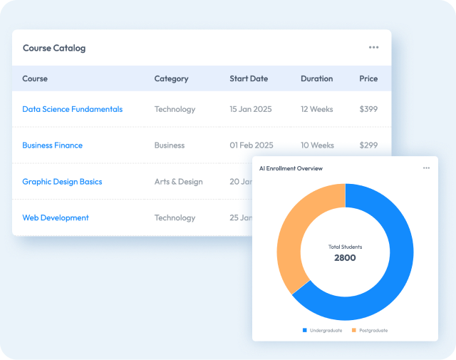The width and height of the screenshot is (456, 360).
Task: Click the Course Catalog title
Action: point(54,48)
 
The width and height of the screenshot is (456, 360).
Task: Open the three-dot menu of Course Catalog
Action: point(374,48)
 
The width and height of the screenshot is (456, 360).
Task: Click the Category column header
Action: point(171,78)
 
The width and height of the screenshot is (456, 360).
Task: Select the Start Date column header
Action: point(249,78)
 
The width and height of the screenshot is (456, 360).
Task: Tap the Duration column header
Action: point(316,78)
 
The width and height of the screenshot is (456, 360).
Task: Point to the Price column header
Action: point(368,78)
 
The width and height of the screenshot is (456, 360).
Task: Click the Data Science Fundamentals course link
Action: point(72,109)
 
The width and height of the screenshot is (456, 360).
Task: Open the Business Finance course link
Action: point(52,145)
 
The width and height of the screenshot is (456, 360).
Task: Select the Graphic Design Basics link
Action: point(62,182)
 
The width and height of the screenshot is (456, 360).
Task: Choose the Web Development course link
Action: point(56,218)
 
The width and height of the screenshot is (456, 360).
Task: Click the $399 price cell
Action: point(368,109)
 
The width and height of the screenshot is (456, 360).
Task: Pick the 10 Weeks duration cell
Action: point(318,145)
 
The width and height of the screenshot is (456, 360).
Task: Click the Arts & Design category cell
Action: point(178,182)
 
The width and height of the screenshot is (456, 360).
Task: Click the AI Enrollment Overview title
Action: point(291,168)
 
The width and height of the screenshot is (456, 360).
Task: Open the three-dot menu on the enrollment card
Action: point(426,168)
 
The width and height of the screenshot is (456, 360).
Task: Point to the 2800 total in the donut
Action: point(345,257)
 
